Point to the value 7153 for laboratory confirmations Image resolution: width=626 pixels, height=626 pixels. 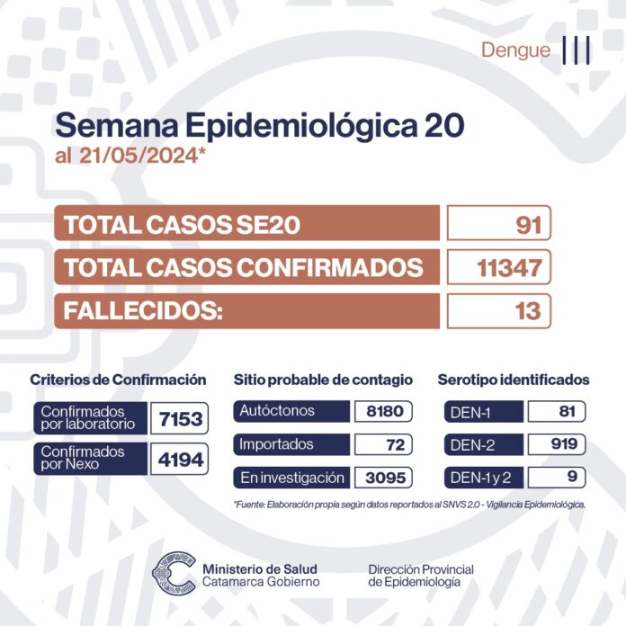[x=180, y=417]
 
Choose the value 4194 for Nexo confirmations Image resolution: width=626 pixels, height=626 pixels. [x=180, y=459]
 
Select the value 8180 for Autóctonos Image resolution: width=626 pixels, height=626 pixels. [x=384, y=412]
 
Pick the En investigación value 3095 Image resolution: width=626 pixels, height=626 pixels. [x=384, y=478]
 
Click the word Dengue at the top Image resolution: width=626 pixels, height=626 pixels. [x=515, y=50]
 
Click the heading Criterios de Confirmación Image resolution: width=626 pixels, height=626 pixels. [x=118, y=380]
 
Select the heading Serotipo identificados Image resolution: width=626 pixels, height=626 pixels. [x=514, y=380]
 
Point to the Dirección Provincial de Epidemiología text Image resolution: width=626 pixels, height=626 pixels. [x=421, y=576]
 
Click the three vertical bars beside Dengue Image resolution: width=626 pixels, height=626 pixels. [x=577, y=50]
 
